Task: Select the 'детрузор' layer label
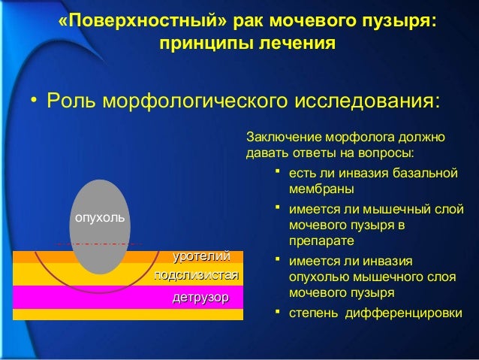click(200, 298)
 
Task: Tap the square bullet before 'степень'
click(277, 310)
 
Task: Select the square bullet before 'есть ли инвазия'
click(277, 174)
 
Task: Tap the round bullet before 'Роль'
click(33, 101)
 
